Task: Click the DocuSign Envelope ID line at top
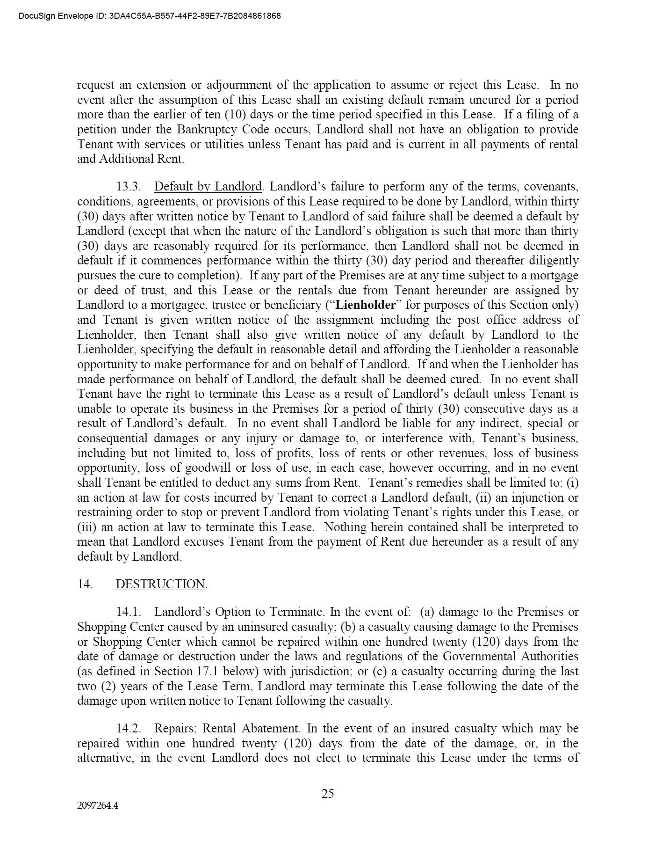[150, 16]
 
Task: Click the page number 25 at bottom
[327, 793]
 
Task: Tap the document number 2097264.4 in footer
[97, 805]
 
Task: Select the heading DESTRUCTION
[160, 584]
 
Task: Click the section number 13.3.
[129, 186]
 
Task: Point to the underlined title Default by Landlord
[208, 186]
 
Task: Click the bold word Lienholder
[366, 305]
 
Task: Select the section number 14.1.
[129, 612]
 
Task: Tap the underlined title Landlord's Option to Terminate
[238, 612]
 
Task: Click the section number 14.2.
[129, 728]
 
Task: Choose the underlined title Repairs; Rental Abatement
[226, 728]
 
